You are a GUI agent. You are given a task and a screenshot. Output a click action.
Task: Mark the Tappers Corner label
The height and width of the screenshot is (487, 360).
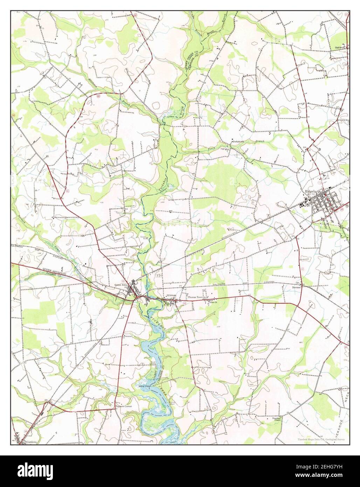(123, 407)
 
